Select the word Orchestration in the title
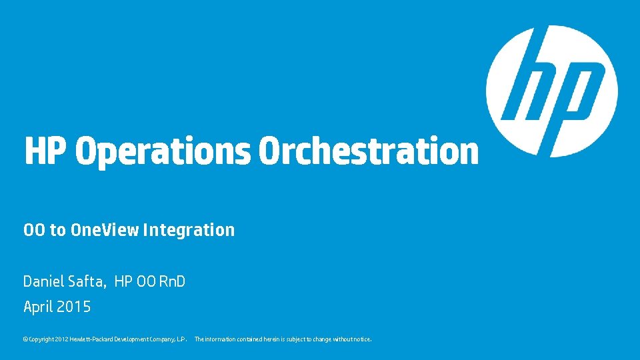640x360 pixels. (x=368, y=151)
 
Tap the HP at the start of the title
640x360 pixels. (x=45, y=151)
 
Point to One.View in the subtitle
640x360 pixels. (x=105, y=230)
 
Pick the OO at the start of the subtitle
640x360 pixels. (x=34, y=230)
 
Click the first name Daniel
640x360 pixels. (x=43, y=282)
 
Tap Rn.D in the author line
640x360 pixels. (x=171, y=282)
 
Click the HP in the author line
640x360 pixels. (x=123, y=282)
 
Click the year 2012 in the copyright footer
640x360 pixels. (x=61, y=339)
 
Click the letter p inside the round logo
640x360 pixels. (x=575, y=93)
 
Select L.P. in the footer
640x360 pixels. (x=182, y=339)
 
